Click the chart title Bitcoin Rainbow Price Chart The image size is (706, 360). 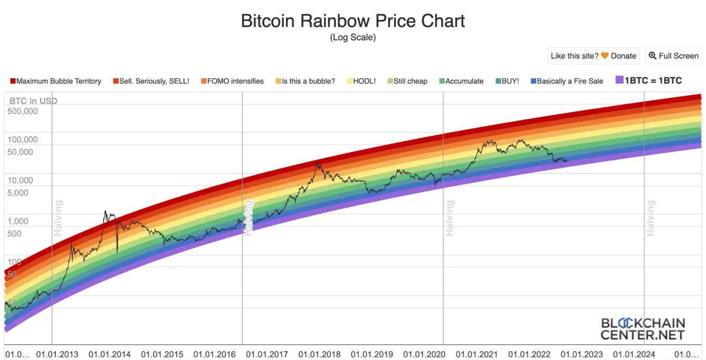click(x=353, y=21)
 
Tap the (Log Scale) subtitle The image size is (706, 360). click(x=353, y=37)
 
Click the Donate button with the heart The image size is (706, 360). click(x=593, y=56)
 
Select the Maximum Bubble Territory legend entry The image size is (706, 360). click(x=56, y=81)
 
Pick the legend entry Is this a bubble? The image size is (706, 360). click(x=305, y=81)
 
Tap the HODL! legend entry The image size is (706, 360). click(x=361, y=81)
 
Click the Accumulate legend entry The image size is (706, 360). click(x=461, y=81)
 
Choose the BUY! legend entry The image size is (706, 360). click(x=507, y=81)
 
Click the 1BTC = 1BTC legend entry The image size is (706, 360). click(x=649, y=80)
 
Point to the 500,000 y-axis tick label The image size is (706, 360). click(x=23, y=111)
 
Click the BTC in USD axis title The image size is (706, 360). click(x=33, y=101)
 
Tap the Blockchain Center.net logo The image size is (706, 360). click(x=643, y=329)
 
